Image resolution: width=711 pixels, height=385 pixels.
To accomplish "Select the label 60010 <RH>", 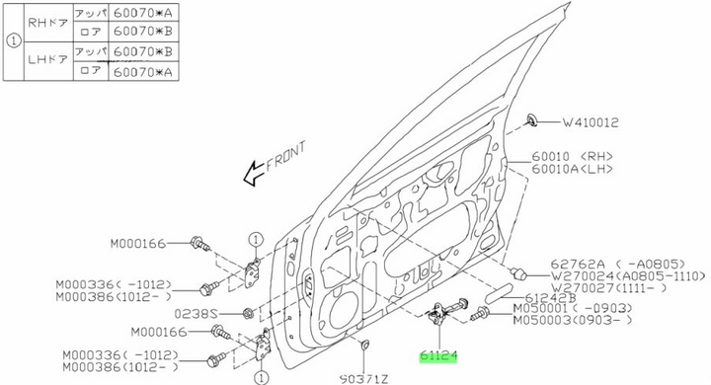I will click(574, 156).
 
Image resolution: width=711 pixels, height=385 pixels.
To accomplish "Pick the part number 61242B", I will click(548, 297).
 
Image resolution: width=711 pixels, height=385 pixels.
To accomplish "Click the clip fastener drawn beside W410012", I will click(534, 120).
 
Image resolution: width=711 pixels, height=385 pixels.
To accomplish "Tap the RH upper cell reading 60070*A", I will click(142, 13).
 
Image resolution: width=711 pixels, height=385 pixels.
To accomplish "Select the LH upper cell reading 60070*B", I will click(142, 51).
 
